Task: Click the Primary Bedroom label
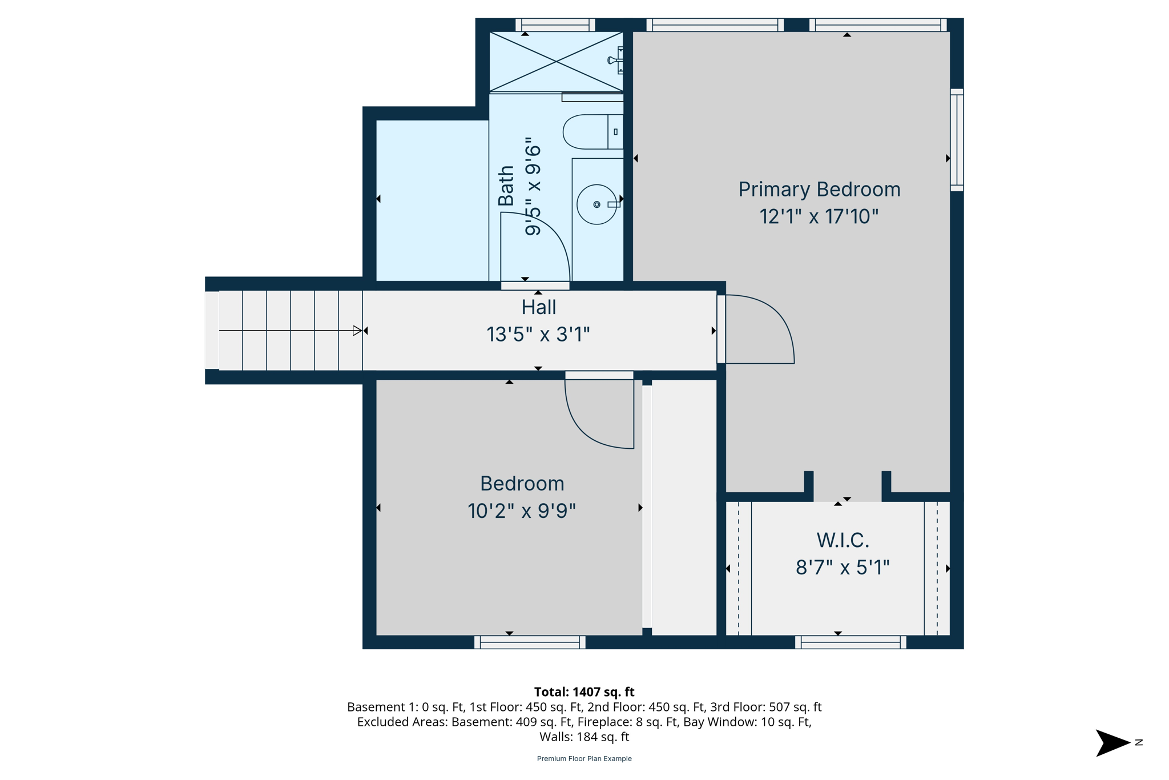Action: [x=819, y=190]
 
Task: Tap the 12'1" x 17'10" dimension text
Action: [x=819, y=217]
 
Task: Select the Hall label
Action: [x=538, y=308]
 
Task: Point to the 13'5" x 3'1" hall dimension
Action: [x=538, y=335]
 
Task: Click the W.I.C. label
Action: [x=843, y=540]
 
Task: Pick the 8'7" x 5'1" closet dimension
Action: [x=843, y=568]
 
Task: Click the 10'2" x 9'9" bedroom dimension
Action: [x=521, y=511]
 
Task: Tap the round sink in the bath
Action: [x=596, y=204]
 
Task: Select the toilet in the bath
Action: [x=591, y=132]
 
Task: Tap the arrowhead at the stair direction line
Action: [x=357, y=331]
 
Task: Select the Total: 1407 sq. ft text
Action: [x=584, y=692]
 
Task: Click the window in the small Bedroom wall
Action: [x=530, y=642]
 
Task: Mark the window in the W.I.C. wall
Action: [x=850, y=642]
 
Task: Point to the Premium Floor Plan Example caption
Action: [x=584, y=759]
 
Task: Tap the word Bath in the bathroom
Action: [x=506, y=186]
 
